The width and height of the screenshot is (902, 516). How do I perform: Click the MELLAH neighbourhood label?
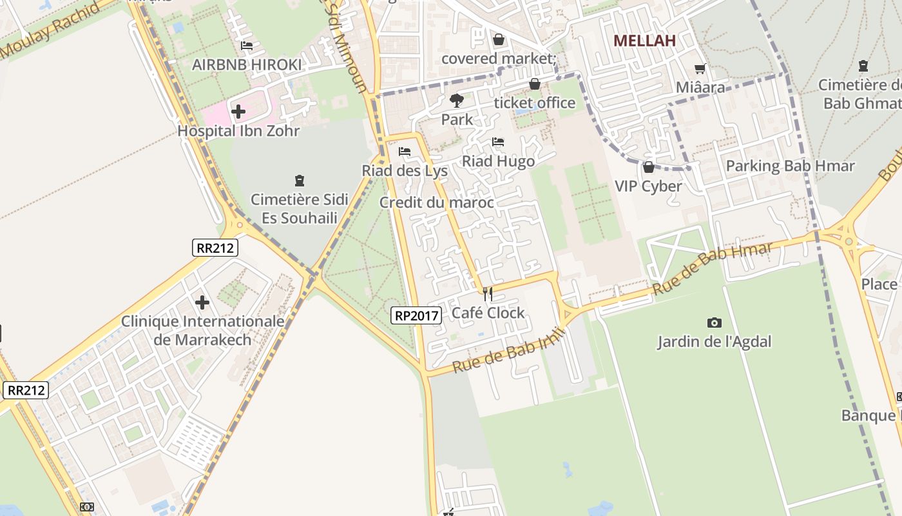point(644,41)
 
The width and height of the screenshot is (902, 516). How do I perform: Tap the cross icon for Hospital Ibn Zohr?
point(238,112)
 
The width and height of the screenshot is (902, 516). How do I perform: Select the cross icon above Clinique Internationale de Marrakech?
point(202,302)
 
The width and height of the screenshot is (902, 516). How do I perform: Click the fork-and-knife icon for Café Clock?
point(488,294)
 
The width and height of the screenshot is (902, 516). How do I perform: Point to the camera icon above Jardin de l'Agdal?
point(714,322)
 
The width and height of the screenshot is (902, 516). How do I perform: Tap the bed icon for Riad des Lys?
point(405,152)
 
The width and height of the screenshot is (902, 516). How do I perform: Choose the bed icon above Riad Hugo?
point(498,142)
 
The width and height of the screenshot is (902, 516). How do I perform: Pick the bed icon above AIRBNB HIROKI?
point(246,46)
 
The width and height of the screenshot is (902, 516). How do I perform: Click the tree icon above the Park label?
point(457,100)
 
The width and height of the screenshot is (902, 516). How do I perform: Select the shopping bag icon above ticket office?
point(534,84)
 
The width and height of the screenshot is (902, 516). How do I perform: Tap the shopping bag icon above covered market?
point(498,39)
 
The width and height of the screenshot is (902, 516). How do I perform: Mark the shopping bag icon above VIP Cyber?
point(648,167)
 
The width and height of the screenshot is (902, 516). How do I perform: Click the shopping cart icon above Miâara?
point(700,68)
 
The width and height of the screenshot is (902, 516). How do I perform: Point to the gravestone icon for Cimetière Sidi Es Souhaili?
point(299,180)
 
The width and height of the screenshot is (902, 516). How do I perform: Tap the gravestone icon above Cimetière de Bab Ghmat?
point(863,66)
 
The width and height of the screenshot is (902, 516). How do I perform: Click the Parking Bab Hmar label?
point(790,166)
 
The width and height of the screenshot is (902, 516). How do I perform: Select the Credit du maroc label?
point(436,203)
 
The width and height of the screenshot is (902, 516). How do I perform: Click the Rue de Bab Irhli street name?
point(509,350)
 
